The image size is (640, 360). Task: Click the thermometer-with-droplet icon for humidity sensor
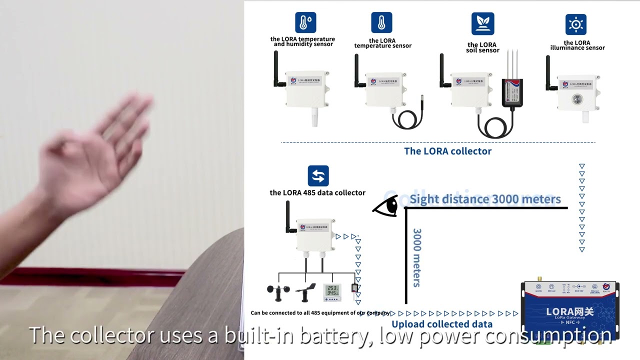pyautogui.click(x=305, y=23)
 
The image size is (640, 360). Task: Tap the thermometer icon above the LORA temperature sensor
pyautogui.click(x=381, y=23)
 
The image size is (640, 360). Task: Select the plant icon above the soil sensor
pyautogui.click(x=482, y=23)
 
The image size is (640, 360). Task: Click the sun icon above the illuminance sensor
pyautogui.click(x=576, y=24)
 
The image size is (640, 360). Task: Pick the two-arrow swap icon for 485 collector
pyautogui.click(x=318, y=176)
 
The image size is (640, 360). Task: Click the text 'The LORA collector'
pyautogui.click(x=447, y=151)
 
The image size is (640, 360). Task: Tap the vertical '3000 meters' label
pyautogui.click(x=416, y=257)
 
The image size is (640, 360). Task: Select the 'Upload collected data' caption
pyautogui.click(x=441, y=324)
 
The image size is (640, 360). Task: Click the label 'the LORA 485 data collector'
pyautogui.click(x=317, y=192)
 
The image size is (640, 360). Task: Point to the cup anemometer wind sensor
pyautogui.click(x=277, y=292)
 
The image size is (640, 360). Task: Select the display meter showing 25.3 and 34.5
pyautogui.click(x=332, y=292)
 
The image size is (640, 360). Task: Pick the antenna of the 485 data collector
pyautogui.click(x=289, y=217)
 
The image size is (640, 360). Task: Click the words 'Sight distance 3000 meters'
pyautogui.click(x=485, y=199)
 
